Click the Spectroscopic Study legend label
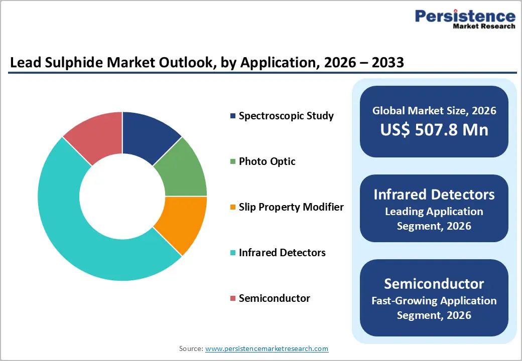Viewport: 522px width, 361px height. point(286,116)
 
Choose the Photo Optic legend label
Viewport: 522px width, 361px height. point(267,161)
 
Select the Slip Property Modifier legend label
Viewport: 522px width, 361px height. point(291,207)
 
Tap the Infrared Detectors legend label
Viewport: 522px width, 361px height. point(282,253)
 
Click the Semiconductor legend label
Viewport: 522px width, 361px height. point(274,298)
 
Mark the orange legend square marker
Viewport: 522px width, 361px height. point(233,208)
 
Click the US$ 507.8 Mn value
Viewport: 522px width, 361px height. point(434,129)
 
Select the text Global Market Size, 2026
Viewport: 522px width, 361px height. point(434,110)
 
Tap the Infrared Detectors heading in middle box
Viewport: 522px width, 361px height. point(434,195)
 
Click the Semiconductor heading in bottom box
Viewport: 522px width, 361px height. point(434,284)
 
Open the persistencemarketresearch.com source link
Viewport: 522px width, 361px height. point(267,348)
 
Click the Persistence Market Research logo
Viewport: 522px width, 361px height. point(464,20)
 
